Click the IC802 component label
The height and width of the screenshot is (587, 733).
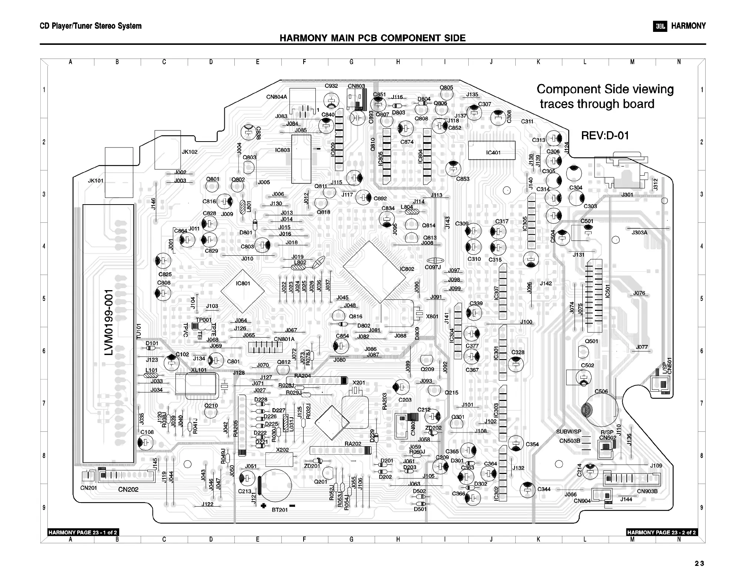pos(406,269)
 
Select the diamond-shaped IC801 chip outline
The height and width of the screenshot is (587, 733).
pos(243,291)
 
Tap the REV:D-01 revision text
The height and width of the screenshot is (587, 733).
pos(605,136)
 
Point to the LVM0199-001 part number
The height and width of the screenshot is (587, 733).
pos(109,322)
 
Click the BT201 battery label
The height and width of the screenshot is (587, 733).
pos(280,510)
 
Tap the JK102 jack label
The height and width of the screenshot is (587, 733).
pos(190,152)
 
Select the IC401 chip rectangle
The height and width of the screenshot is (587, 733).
pos(492,150)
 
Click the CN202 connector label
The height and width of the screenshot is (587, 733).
pos(128,490)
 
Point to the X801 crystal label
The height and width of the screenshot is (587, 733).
pos(432,316)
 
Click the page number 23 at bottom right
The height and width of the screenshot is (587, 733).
pos(699,564)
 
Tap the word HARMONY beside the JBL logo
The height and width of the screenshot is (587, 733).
pos(688,26)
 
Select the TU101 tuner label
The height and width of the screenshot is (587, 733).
pos(139,331)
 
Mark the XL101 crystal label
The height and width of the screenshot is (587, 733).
pos(199,370)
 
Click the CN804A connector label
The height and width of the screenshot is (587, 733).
pos(277,97)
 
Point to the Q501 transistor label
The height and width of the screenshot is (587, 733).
pos(591,341)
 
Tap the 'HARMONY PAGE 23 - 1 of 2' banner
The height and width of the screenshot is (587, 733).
pos(83,533)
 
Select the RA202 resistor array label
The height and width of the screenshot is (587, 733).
pos(353,444)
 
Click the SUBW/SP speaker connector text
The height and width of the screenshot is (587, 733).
pos(569,432)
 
